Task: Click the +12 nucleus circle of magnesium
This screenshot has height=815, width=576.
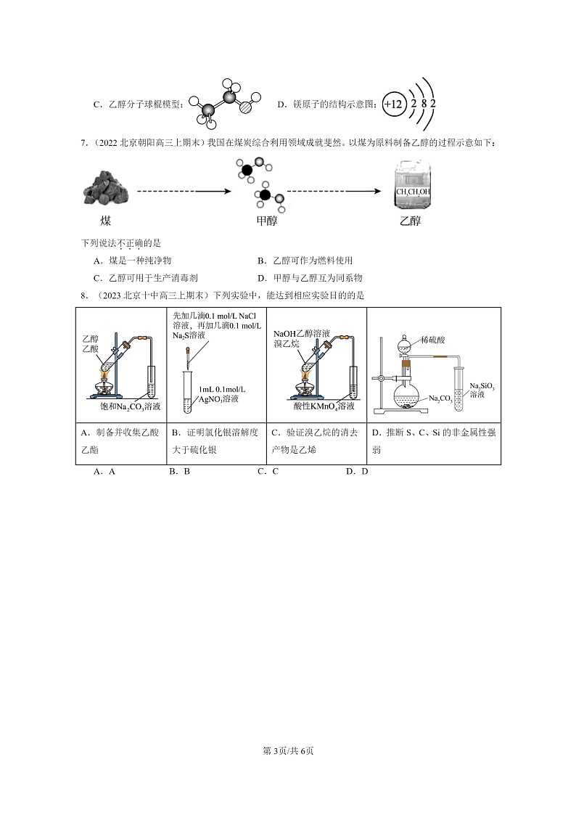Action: [x=392, y=105]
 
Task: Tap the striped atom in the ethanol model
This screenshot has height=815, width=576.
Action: [x=244, y=105]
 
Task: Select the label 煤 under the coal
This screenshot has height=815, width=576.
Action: [x=105, y=221]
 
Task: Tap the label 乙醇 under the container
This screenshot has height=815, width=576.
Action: [x=411, y=221]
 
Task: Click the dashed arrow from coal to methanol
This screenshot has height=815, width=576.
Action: [x=184, y=192]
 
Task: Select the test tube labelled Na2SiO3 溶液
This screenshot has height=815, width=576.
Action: [x=459, y=392]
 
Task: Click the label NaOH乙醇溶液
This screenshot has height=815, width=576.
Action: [x=301, y=334]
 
